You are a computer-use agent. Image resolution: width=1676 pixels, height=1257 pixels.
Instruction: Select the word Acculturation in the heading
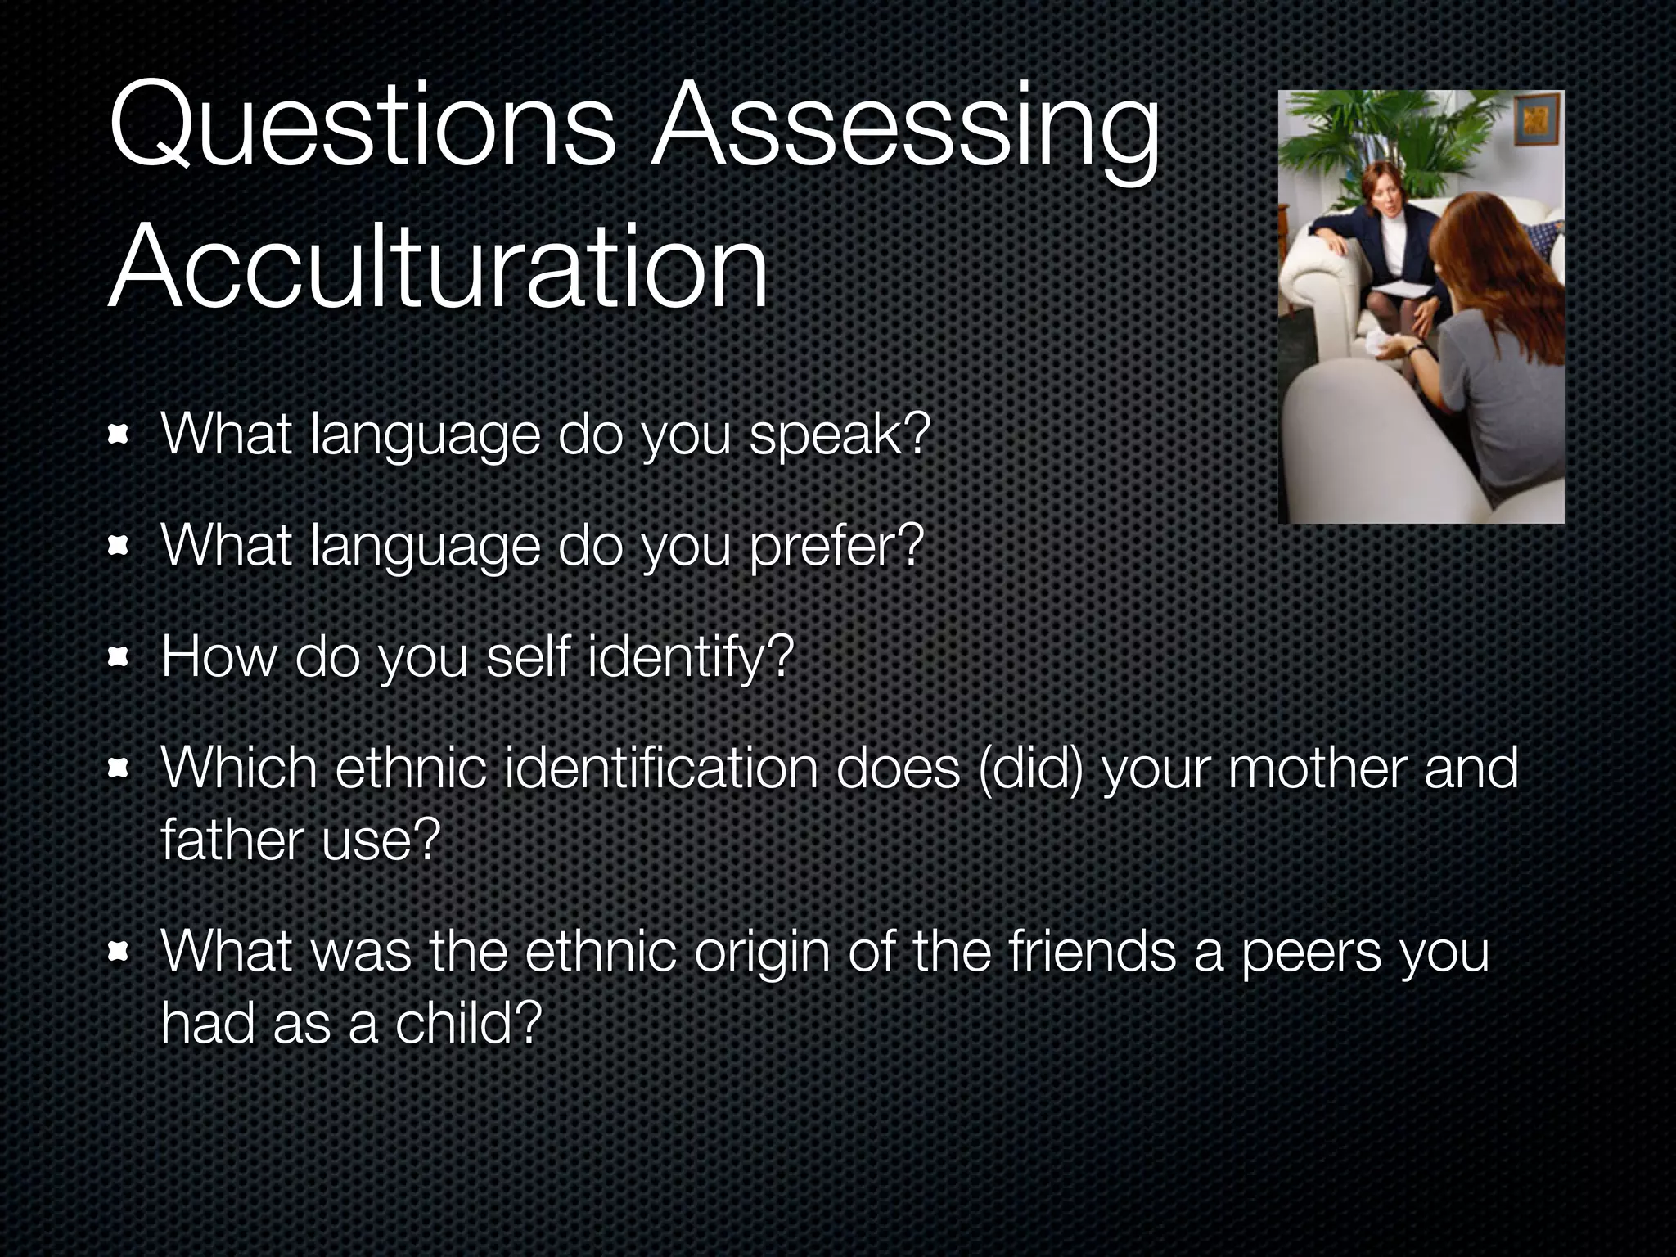click(438, 266)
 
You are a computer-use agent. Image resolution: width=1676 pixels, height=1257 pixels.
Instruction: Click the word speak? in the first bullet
click(840, 435)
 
